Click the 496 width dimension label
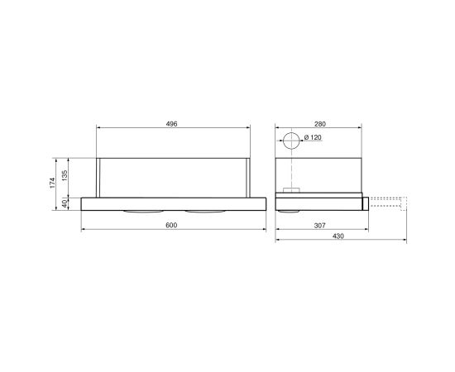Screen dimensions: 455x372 click(x=171, y=124)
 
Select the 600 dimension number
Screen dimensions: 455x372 click(x=171, y=226)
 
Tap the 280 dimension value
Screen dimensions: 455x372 click(x=320, y=124)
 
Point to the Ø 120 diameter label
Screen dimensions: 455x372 click(x=313, y=137)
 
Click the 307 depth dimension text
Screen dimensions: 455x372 click(x=320, y=226)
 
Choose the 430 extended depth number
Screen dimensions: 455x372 click(x=338, y=236)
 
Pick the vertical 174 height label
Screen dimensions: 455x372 click(x=52, y=183)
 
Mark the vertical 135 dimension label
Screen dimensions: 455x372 click(x=65, y=175)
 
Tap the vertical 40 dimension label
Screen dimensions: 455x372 click(x=65, y=204)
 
